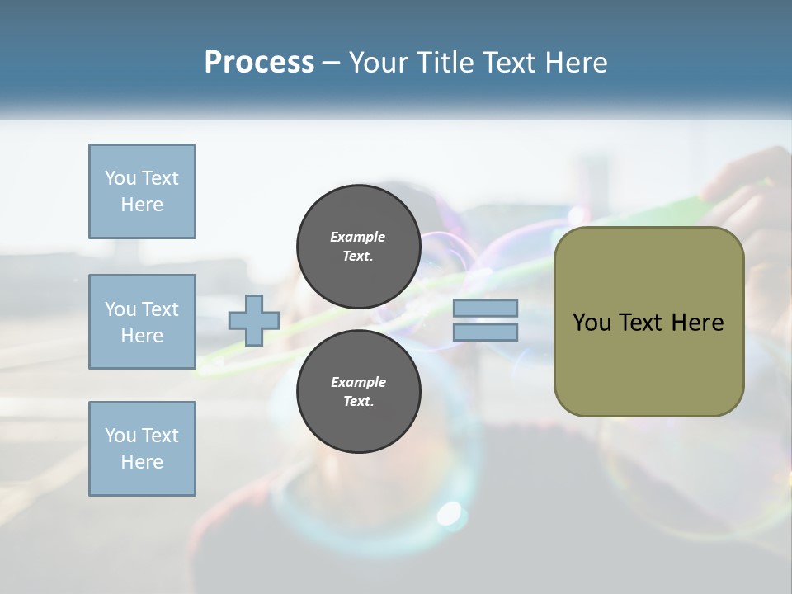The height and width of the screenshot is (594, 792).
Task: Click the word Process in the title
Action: coord(259,63)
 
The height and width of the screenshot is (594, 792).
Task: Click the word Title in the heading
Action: coord(443,63)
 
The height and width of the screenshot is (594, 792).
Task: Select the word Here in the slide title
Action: coord(575,63)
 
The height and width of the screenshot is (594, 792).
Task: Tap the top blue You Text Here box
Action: coord(142,191)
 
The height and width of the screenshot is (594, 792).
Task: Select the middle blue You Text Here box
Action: coord(142,322)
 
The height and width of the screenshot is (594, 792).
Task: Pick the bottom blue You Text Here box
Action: coord(142,449)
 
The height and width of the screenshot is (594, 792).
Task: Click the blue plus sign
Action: coord(254,321)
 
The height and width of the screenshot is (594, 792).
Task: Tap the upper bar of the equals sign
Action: coord(485,309)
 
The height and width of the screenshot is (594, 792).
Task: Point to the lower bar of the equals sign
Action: coord(485,332)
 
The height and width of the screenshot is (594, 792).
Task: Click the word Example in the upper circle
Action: coord(358,237)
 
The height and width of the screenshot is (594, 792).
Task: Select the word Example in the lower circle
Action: coord(358,382)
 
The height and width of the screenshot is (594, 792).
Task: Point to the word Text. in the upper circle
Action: coord(358,257)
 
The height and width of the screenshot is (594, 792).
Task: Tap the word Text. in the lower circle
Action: coord(358,402)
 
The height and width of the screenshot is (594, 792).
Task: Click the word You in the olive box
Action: coord(592,323)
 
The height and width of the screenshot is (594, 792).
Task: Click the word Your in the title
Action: coord(380,63)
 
